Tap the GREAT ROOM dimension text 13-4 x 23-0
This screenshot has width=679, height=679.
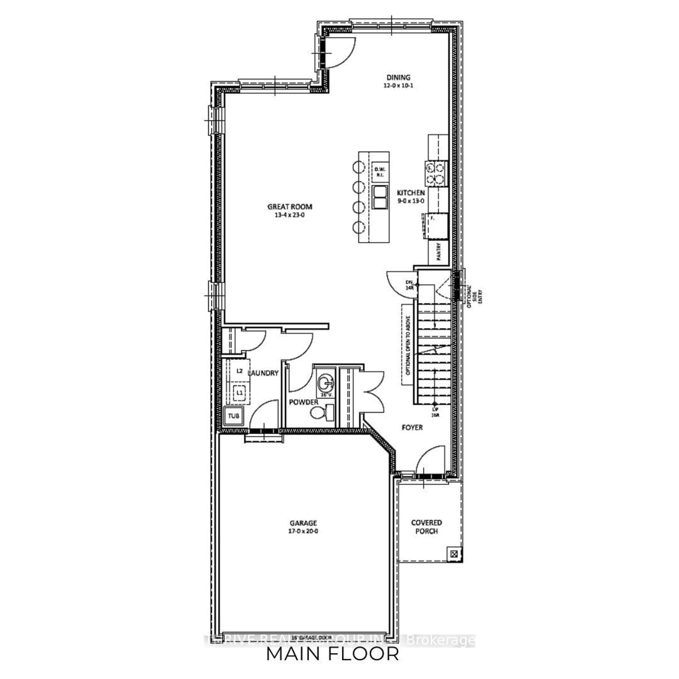290,215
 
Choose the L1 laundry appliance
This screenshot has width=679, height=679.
239,392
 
